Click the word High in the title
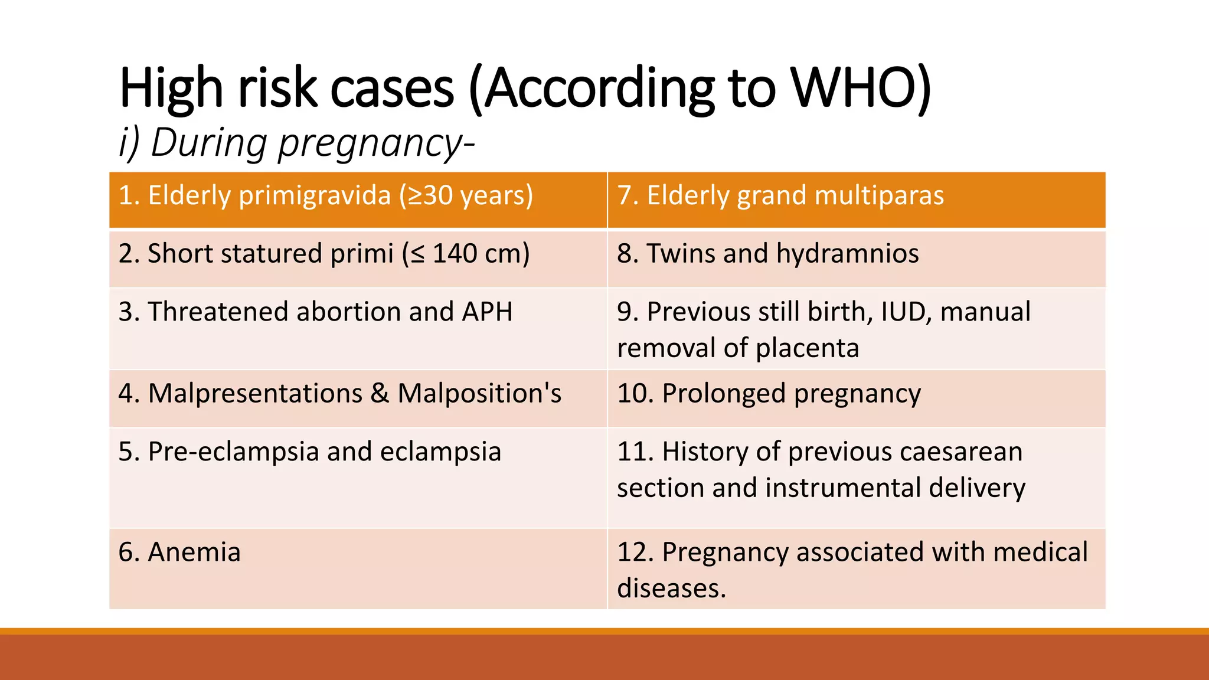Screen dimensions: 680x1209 [171, 89]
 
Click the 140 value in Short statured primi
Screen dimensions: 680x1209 [455, 254]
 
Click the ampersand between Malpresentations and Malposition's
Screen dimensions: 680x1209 [380, 394]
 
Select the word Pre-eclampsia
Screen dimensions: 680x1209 [234, 452]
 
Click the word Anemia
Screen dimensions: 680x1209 [194, 552]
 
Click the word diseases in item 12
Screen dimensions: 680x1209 [671, 589]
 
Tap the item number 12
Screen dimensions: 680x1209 [634, 552]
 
